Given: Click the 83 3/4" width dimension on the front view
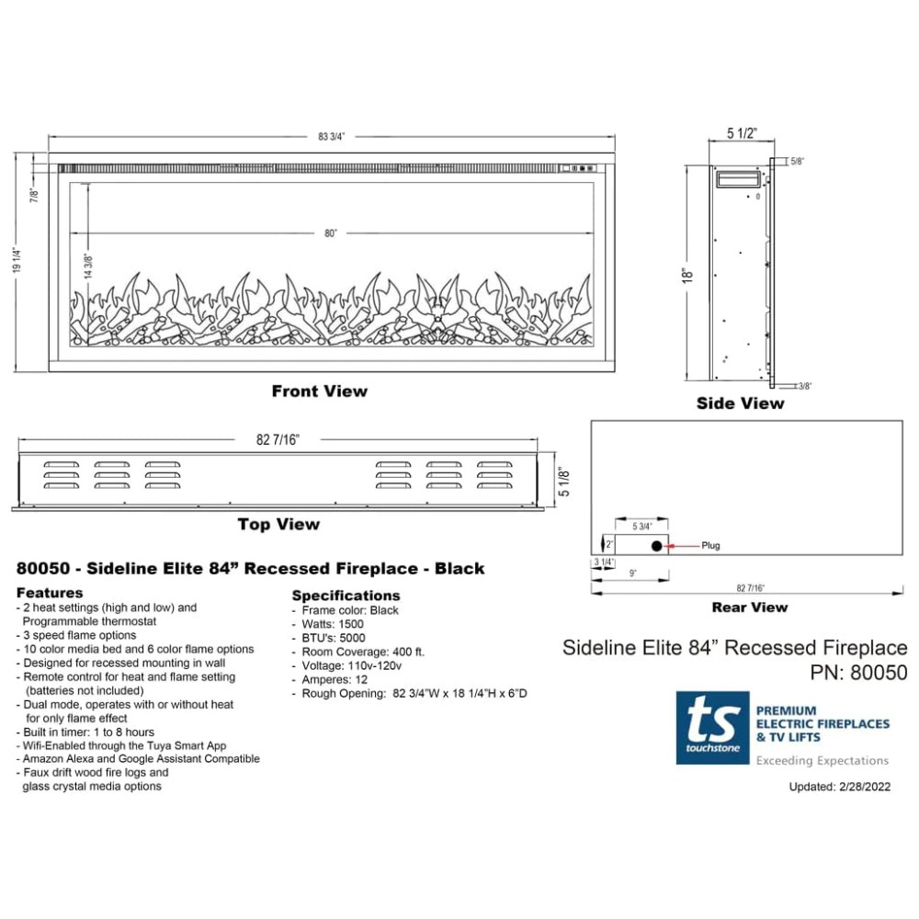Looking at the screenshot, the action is [331, 137].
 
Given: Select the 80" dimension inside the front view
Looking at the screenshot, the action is [331, 233].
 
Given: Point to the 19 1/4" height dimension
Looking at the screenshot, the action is [17, 260].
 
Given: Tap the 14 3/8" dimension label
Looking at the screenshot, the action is [88, 267].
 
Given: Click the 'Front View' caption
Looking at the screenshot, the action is [320, 391].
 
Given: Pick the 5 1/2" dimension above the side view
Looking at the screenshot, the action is [742, 133].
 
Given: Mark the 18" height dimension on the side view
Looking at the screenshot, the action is [687, 276].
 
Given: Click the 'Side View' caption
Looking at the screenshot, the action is [740, 403].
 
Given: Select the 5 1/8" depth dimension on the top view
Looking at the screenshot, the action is [564, 482].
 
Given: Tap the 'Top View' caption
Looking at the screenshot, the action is [278, 524].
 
